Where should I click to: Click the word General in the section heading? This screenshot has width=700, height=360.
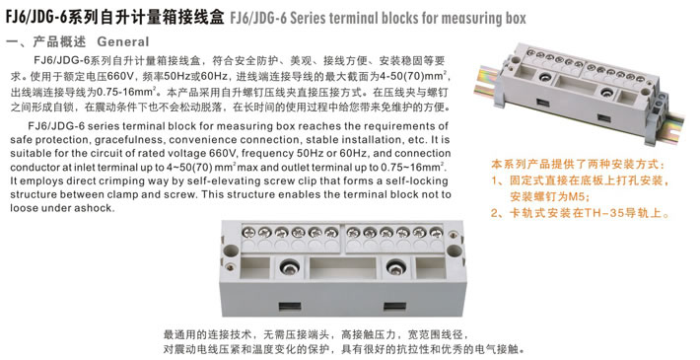tap(123, 41)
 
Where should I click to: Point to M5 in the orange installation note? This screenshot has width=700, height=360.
tap(578, 196)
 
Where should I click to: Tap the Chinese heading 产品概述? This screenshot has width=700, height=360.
tap(59, 41)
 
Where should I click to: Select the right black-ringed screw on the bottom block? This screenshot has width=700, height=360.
tap(395, 268)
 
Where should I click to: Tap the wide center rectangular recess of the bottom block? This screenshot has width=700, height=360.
tap(342, 268)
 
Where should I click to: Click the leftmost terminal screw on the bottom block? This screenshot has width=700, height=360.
tap(248, 232)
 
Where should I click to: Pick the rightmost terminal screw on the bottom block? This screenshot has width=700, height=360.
tap(436, 232)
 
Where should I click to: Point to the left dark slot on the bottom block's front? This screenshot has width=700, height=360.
tap(290, 307)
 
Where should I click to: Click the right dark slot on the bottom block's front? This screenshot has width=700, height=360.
tap(394, 307)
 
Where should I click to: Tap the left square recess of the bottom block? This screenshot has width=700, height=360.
tap(255, 268)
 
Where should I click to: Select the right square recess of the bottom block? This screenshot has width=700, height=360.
tap(431, 268)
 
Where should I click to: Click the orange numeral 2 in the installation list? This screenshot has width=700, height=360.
tap(495, 213)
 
